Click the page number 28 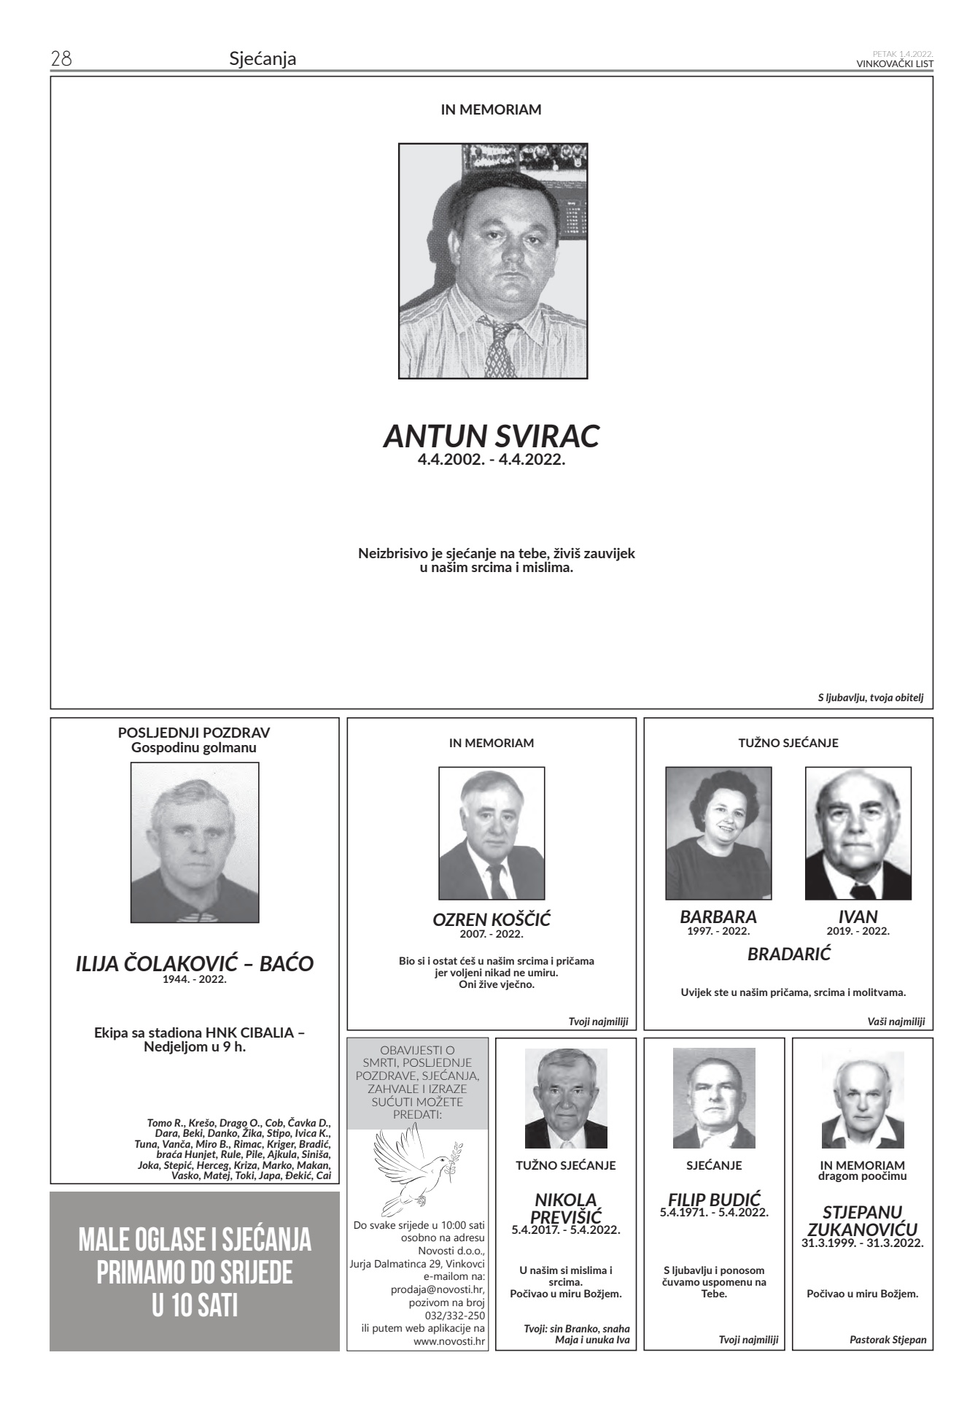61,58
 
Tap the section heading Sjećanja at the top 263,58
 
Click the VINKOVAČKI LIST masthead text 895,63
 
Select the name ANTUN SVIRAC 492,436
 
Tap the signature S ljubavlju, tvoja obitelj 870,698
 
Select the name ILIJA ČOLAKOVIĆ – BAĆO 194,964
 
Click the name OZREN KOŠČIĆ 492,920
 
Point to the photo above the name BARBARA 718,833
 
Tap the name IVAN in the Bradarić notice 858,916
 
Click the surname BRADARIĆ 788,954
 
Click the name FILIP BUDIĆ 714,1199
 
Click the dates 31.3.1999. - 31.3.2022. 862,1243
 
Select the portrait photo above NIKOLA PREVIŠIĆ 566,1098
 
